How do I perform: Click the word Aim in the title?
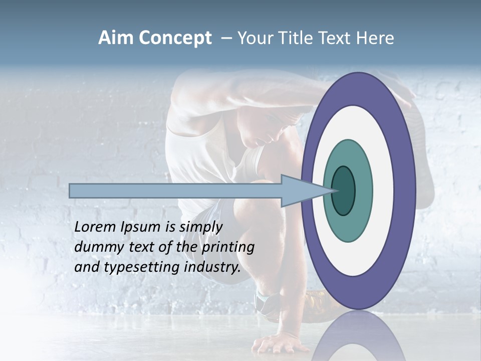point(116,38)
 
